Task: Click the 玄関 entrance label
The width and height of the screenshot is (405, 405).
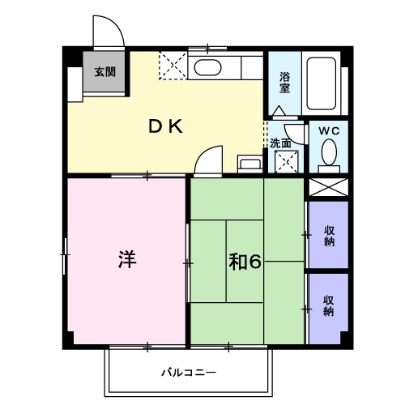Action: [104, 71]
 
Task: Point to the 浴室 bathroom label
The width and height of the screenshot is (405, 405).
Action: [285, 83]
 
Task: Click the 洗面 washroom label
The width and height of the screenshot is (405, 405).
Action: [281, 143]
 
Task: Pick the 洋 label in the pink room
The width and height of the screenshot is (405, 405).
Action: [126, 260]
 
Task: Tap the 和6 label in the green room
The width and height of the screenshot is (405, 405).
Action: [243, 262]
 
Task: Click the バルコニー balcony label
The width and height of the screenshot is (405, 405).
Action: [188, 373]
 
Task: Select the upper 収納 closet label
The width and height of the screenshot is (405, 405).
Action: [329, 236]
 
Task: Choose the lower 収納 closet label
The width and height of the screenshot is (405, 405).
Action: [329, 306]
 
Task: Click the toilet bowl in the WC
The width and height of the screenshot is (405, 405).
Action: [329, 152]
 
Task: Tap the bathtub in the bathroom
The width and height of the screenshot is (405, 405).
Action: [323, 81]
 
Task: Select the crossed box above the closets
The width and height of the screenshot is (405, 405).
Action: [328, 187]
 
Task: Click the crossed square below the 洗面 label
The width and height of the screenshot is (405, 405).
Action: [285, 161]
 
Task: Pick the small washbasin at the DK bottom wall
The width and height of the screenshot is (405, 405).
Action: [249, 164]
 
